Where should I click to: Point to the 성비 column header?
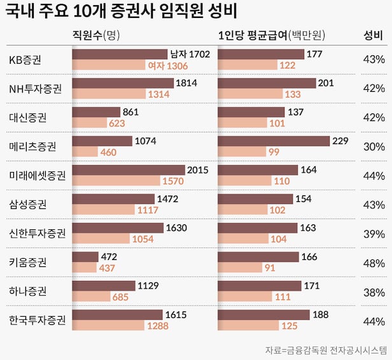click(372, 35)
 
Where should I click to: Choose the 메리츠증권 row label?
click(32, 147)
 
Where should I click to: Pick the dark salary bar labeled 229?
click(274, 141)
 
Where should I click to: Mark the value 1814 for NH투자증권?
click(186, 83)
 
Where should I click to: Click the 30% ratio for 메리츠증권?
click(374, 147)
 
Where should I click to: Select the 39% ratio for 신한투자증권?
click(374, 233)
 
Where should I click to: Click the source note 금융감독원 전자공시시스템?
click(326, 350)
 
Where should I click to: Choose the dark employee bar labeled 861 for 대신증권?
click(96, 112)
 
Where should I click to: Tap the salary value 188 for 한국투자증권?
click(321, 315)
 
